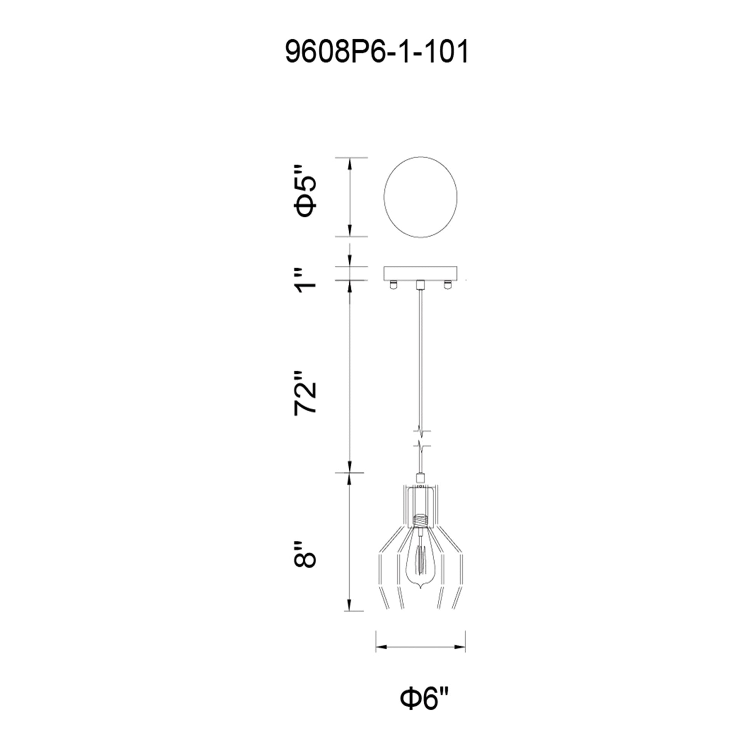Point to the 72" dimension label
305,393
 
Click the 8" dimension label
305,554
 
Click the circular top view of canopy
420,197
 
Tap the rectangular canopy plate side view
420,273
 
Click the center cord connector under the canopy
420,284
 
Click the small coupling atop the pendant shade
420,477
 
